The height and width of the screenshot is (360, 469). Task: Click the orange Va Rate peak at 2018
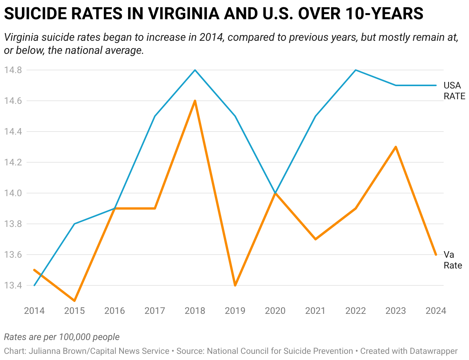[x=195, y=101]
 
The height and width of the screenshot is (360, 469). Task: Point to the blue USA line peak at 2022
[x=356, y=70]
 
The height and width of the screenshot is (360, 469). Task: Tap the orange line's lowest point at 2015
[x=75, y=301]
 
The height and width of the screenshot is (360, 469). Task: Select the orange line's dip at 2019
[x=235, y=285]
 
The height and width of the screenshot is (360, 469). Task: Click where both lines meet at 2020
[x=275, y=193]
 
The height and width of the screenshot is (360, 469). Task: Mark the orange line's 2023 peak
[x=396, y=147]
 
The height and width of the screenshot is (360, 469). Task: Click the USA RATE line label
[x=454, y=91]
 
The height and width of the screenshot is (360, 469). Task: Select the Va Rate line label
[x=452, y=260]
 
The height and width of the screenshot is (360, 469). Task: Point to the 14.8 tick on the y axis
[x=13, y=70]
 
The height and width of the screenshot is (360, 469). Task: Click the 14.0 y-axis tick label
[x=13, y=193]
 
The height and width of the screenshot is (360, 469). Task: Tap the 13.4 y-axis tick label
[x=13, y=285]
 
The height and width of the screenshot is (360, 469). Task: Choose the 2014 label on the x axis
[x=34, y=311]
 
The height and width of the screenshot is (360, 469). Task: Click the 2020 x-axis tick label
[x=275, y=311]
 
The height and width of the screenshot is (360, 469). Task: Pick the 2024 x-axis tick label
[x=436, y=311]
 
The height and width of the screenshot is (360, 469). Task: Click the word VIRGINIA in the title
[x=184, y=13]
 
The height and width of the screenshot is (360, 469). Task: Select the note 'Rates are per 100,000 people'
[x=62, y=337]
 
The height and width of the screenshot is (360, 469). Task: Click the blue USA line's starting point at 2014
[x=34, y=285]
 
